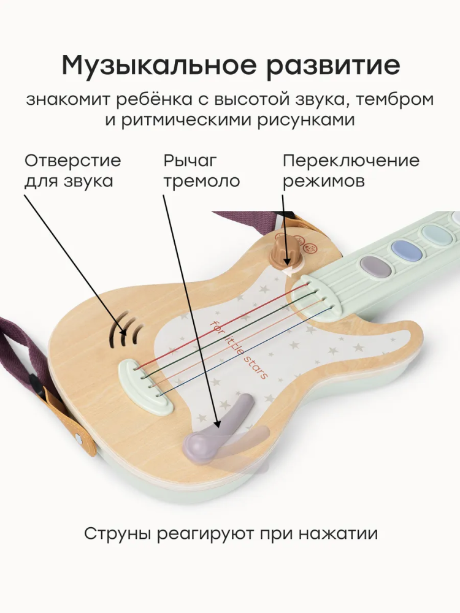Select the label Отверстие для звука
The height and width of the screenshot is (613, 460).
73,171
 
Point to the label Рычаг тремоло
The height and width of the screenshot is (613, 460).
202,171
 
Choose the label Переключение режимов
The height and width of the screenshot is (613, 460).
351,171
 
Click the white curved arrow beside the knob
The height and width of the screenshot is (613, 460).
293,270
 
